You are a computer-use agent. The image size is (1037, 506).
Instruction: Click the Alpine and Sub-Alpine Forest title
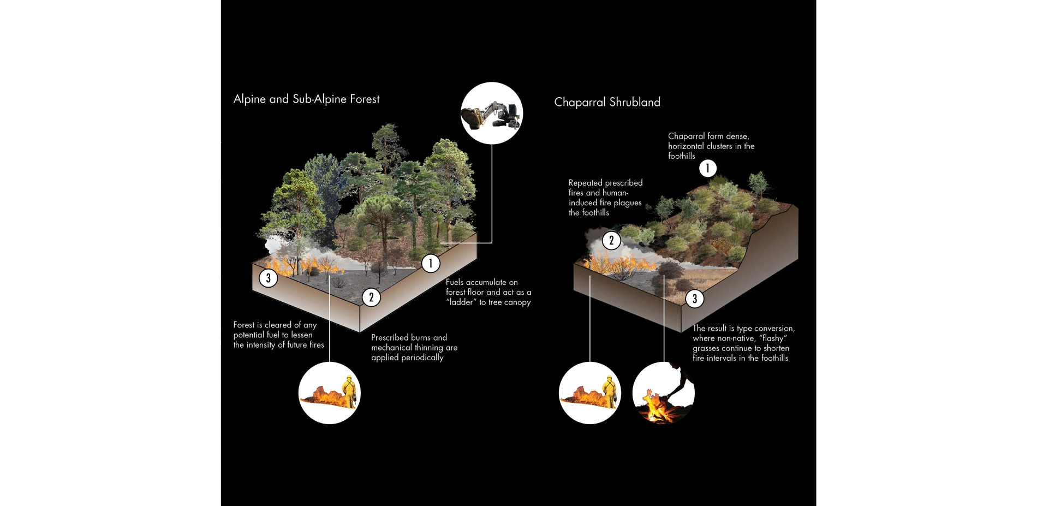[306, 99]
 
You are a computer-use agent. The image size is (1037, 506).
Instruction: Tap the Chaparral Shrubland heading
[607, 102]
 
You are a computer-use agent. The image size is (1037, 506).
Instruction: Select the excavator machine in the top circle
[491, 115]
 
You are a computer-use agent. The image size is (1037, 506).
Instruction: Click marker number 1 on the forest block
[431, 264]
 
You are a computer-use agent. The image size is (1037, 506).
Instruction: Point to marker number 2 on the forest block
[371, 297]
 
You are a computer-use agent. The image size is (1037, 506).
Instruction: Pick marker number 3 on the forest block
[268, 278]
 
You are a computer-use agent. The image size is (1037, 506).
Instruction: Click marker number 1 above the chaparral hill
[708, 168]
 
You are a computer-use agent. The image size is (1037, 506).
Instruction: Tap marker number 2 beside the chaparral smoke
[611, 240]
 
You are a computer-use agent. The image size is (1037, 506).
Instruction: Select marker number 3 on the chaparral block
[694, 299]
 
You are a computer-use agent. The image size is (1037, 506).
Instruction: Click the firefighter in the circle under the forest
[348, 391]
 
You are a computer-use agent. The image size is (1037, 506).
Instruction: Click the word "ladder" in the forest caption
[461, 302]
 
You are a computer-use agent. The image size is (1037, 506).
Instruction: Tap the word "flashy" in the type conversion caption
[773, 338]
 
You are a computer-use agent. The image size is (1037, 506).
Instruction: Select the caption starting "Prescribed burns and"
[414, 347]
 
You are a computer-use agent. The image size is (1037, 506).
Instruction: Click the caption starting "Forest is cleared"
[278, 335]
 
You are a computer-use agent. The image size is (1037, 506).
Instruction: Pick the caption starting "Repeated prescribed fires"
[605, 198]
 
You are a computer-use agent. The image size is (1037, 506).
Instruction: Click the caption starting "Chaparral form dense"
[711, 146]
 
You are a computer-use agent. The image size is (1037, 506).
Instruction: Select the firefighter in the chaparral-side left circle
[609, 391]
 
